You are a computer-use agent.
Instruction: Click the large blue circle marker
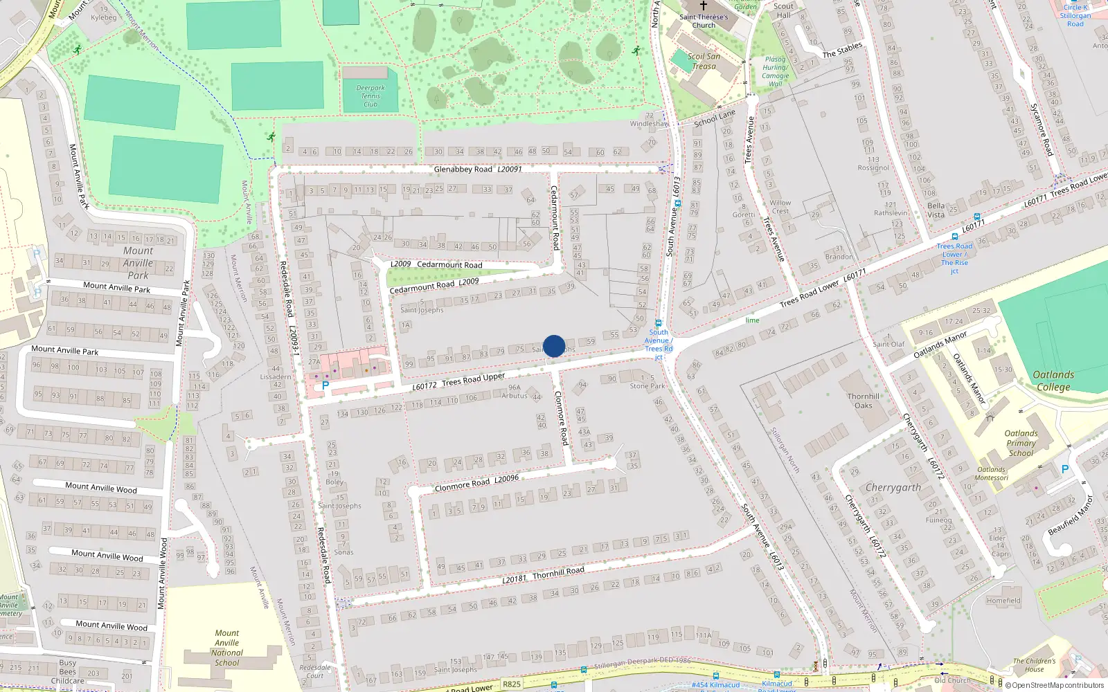[554, 346]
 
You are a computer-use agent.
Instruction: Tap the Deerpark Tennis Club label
[370, 96]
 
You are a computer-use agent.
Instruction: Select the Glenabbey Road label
[463, 169]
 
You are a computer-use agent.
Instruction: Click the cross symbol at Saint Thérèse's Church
[704, 6]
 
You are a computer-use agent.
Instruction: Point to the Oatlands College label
[1053, 381]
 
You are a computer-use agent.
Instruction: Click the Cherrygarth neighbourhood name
[893, 487]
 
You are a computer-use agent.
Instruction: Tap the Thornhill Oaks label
[864, 401]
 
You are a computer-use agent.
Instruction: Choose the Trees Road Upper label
[474, 380]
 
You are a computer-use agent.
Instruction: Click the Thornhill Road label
[558, 572]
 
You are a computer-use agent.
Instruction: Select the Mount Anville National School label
[227, 648]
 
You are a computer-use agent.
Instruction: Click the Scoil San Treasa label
[704, 61]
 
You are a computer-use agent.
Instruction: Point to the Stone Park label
[647, 386]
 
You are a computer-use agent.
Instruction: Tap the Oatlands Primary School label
[1021, 443]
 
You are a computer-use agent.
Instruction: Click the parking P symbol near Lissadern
[325, 385]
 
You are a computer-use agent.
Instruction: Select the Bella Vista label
[936, 210]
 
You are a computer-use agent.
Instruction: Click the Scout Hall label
[783, 10]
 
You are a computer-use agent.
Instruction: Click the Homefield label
[1003, 601]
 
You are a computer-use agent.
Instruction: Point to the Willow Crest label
[780, 207]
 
